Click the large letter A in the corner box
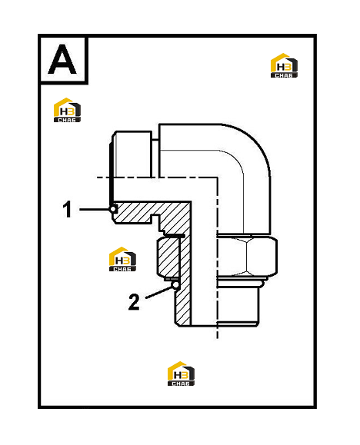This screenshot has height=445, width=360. (62, 60)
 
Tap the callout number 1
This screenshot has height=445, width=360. (67, 209)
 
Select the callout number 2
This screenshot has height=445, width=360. (134, 302)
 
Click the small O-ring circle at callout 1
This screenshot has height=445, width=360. (113, 209)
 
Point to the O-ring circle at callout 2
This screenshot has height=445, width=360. (176, 284)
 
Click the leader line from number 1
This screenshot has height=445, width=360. (95, 209)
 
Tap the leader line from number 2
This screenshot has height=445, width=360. (159, 292)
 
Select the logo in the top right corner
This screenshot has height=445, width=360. (284, 65)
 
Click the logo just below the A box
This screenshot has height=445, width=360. (67, 110)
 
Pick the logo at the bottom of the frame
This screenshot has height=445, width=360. (181, 374)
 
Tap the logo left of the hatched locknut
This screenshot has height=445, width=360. (122, 259)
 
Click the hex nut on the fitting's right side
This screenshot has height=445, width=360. (247, 257)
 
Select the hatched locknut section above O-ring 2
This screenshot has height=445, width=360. (168, 257)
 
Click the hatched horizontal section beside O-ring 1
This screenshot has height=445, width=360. (151, 212)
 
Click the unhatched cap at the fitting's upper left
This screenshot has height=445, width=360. (132, 154)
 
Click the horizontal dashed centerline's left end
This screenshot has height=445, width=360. (98, 178)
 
